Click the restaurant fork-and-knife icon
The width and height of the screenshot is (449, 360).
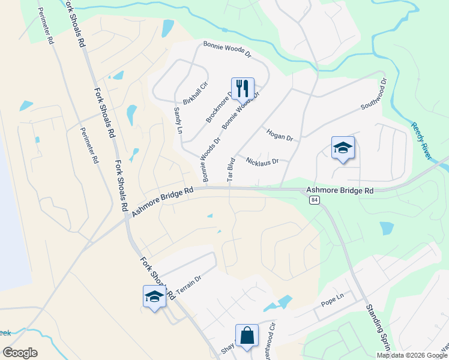coord(243,88)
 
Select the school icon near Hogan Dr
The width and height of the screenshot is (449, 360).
coord(343,148)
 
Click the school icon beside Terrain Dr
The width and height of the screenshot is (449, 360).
coord(154,296)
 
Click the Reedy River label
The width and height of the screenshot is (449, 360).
coord(421,141)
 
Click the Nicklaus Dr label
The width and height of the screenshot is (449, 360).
coord(263,160)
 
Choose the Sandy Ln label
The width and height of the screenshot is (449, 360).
coord(177,120)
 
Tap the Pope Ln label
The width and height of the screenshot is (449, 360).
coord(331,301)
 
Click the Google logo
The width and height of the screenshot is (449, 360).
coord(20,353)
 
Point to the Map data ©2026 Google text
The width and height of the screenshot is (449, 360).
coord(411,355)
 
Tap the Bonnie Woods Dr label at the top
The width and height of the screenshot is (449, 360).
coord(226,49)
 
